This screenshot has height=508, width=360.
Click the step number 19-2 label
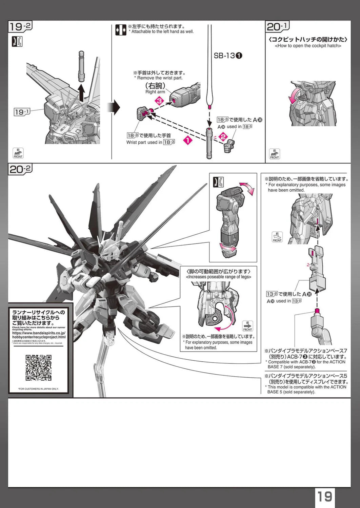20,27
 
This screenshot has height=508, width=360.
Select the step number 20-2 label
20,169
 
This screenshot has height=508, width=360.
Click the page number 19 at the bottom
324,496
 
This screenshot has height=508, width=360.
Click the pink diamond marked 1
187,140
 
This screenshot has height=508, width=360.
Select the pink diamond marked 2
223,136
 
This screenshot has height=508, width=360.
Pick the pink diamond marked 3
159,101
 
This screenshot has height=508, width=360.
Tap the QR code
38,367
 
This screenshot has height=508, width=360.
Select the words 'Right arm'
155,92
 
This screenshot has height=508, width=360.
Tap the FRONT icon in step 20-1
274,154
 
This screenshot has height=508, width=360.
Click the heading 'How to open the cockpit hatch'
308,46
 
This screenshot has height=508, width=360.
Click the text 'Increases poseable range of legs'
219,277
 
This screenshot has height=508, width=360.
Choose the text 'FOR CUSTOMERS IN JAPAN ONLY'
38,389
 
